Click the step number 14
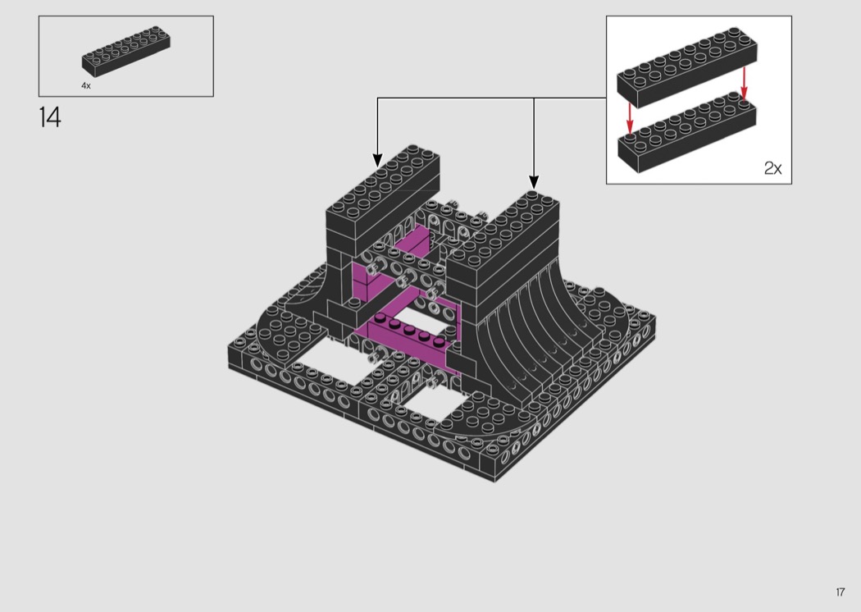50,117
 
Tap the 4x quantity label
86,85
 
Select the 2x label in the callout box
772,168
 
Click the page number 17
840,591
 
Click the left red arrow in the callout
630,119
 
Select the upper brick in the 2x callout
687,67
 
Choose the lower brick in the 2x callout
687,133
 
